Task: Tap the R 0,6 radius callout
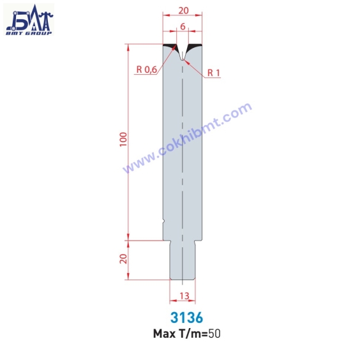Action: point(146,70)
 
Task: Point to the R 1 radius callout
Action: point(213,73)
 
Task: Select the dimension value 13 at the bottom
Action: point(183,296)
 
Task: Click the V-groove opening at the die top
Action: point(183,51)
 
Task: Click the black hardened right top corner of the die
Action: point(197,47)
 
